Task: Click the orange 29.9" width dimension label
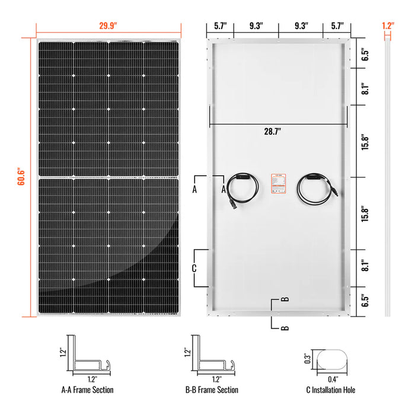(108, 26)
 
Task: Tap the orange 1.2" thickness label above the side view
(388, 26)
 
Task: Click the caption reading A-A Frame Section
(87, 390)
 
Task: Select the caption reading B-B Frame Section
(212, 390)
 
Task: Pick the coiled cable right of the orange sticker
(315, 189)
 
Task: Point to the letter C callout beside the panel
(194, 268)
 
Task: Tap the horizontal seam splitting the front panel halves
(108, 177)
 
